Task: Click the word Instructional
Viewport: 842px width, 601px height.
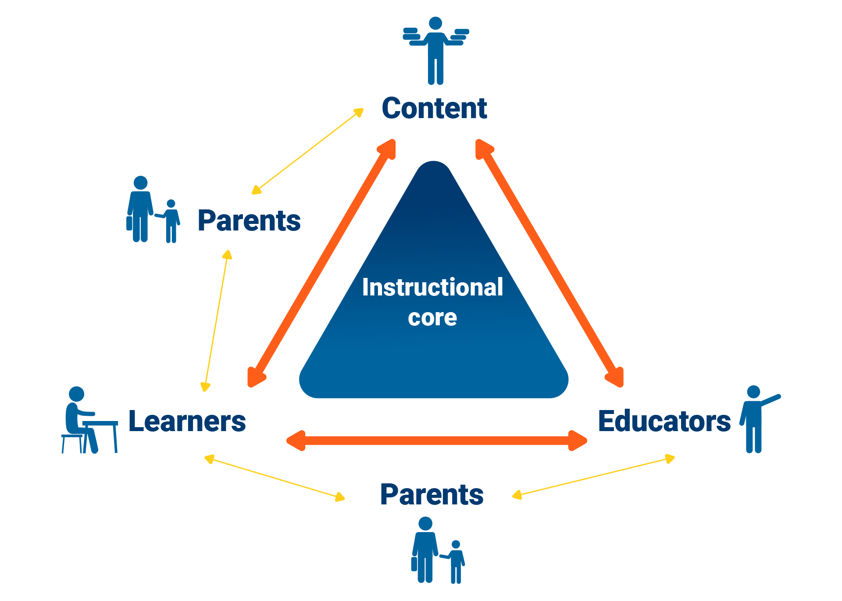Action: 432,288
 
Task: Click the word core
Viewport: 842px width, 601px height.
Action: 432,318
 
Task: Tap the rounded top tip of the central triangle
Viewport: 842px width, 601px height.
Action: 432,167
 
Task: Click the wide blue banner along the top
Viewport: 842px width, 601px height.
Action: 614,50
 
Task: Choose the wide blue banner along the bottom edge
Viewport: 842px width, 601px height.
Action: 614,553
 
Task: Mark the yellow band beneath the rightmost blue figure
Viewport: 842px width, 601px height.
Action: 746,492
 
